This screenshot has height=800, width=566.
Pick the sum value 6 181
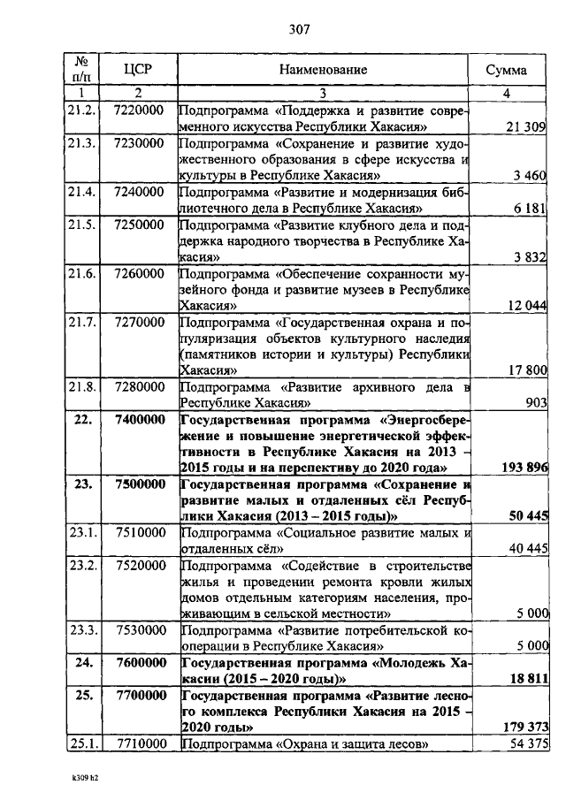531,208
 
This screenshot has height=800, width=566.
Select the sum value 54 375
525,743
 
